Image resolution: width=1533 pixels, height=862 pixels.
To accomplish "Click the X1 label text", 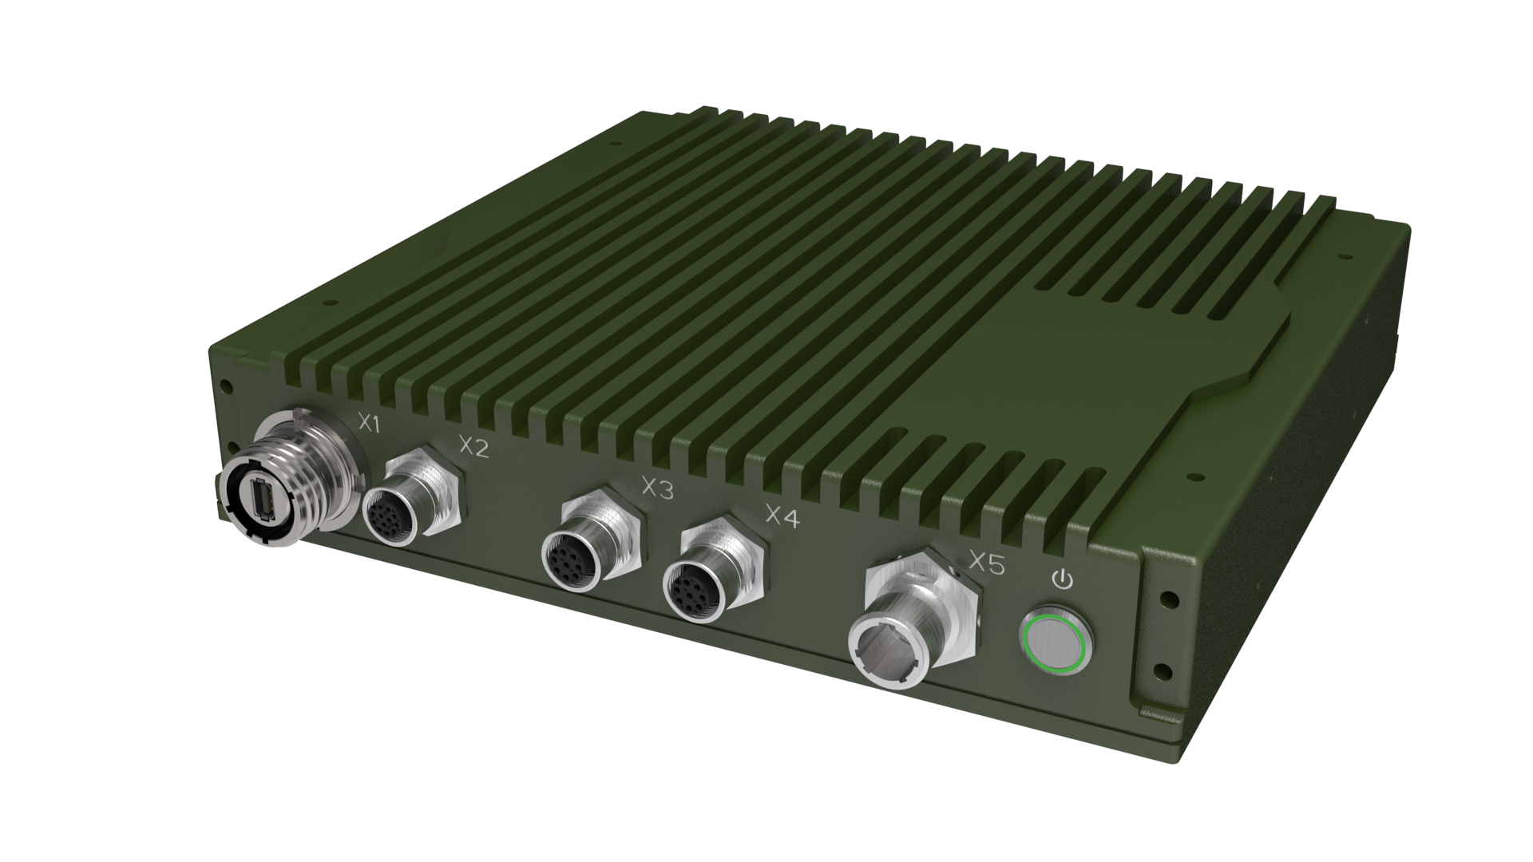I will point(367,424).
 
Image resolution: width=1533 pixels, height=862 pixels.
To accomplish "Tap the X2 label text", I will point(474,446).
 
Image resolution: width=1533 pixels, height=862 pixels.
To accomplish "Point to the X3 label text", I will point(657,488).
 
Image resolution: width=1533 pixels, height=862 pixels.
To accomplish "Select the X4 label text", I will point(782,516).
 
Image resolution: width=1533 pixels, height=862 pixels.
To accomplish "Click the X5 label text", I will point(986,563).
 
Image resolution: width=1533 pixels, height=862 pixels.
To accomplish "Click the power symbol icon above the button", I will point(1062,579).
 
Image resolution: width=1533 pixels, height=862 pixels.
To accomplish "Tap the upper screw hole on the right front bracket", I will point(1167,596).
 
